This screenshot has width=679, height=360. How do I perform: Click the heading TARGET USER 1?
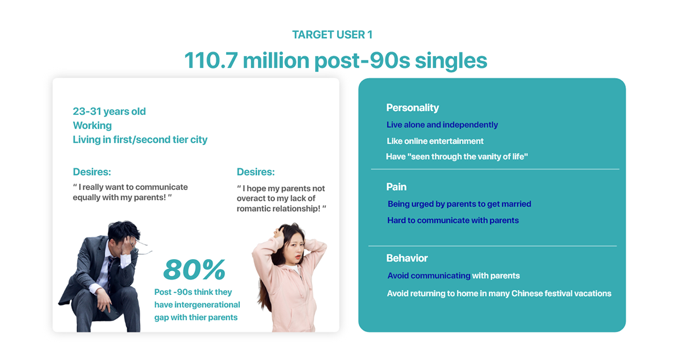[332, 35]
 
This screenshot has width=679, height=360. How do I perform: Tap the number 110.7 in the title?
[211, 61]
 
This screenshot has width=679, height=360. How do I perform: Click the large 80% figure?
[194, 269]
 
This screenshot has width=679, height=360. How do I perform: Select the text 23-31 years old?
[109, 112]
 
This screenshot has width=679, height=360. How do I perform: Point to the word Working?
[92, 126]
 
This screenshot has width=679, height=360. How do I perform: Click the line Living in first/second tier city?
[140, 139]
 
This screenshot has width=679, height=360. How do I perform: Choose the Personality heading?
[412, 108]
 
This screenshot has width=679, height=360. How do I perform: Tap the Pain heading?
[396, 187]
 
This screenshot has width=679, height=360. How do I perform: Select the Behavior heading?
[407, 258]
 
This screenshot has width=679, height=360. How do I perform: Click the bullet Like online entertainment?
[435, 141]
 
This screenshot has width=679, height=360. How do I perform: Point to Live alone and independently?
[442, 125]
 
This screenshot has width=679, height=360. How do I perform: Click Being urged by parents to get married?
[459, 204]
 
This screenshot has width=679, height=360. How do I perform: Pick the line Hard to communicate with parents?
[453, 220]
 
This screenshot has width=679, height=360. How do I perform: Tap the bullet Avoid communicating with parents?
[453, 276]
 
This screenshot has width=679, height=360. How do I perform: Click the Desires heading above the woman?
[256, 172]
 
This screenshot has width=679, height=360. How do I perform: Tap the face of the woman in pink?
[295, 248]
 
